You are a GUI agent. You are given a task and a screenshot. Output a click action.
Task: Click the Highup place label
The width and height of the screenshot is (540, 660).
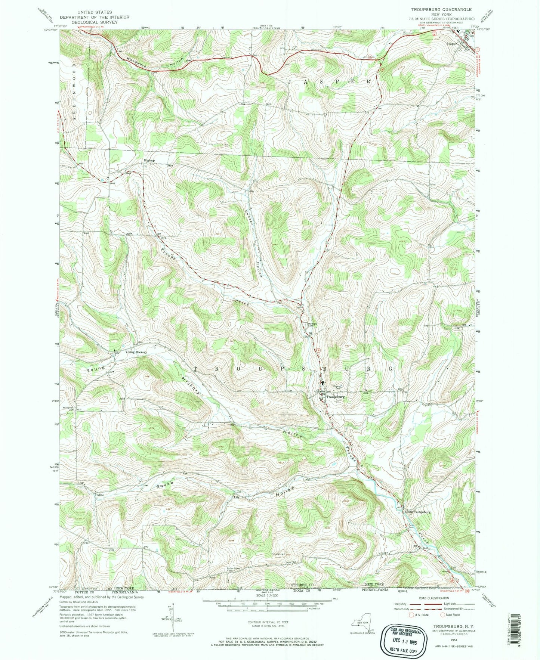[149, 160]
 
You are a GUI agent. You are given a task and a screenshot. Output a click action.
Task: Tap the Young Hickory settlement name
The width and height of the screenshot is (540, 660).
[136, 352]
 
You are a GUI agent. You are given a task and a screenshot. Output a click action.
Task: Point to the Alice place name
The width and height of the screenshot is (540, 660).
[99, 495]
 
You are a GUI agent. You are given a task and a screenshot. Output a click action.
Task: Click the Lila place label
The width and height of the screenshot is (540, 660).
[236, 497]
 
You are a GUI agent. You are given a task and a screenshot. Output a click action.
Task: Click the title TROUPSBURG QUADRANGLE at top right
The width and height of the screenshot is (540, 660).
[441, 9]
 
